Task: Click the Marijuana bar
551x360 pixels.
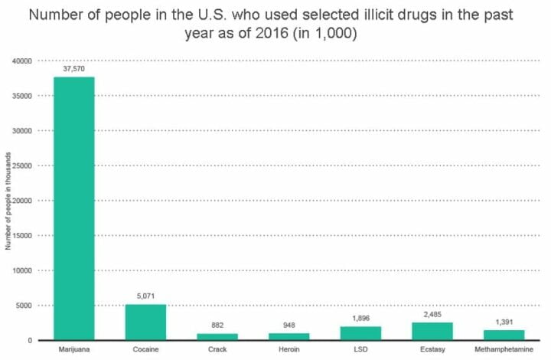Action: coord(73,208)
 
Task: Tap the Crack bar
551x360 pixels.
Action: coord(217,336)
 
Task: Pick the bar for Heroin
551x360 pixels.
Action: coord(289,336)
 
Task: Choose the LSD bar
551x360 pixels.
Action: coord(361,333)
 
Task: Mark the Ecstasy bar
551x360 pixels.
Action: coord(433,331)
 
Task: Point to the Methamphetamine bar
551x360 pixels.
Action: coord(505,335)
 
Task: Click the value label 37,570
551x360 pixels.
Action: coord(73,69)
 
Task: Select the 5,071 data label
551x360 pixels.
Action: coord(145,296)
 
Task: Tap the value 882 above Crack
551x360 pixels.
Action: coord(217,325)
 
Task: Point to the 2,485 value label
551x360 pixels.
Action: coord(433,314)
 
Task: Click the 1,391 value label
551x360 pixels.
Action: coord(505,322)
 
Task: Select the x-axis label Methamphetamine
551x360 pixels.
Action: coord(505,350)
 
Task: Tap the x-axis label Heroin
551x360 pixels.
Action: coord(289,350)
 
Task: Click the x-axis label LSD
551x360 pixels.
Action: coord(361,350)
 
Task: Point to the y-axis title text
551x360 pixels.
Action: coord(7,201)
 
